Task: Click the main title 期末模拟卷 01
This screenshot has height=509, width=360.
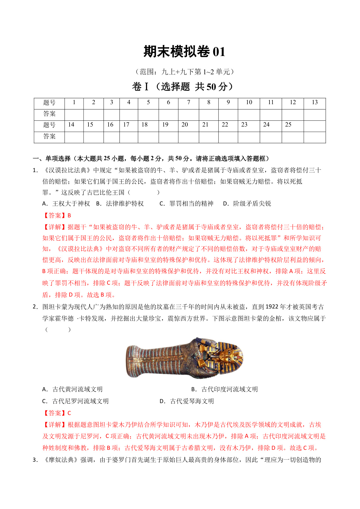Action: click(x=184, y=52)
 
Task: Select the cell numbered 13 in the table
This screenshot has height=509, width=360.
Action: click(x=315, y=102)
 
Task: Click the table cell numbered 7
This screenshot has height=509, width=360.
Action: click(x=189, y=102)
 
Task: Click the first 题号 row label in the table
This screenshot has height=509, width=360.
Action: click(x=49, y=103)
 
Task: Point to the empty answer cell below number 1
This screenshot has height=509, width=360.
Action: click(x=74, y=114)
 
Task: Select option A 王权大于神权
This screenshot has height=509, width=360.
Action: click(x=66, y=204)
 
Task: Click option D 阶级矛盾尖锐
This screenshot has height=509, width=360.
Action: click(x=247, y=204)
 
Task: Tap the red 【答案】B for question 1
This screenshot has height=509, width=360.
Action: click(x=57, y=216)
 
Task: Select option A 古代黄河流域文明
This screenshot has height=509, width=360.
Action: click(x=73, y=389)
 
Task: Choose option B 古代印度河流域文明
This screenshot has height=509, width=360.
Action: click(x=225, y=389)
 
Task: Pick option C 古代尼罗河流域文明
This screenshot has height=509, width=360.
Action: click(x=75, y=401)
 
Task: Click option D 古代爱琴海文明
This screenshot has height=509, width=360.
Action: click(x=187, y=401)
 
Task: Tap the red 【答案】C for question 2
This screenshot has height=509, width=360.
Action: click(x=57, y=413)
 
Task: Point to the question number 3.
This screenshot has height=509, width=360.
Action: click(x=35, y=460)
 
